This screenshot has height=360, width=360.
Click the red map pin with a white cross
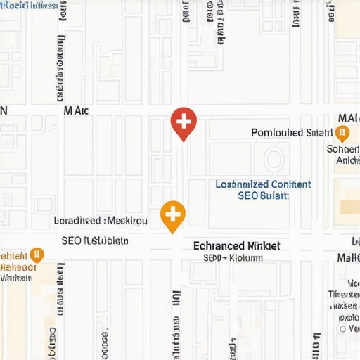(184, 122)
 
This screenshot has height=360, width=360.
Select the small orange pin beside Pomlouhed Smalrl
(342, 133)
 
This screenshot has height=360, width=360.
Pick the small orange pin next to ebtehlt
(38, 255)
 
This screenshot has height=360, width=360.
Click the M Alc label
(77, 110)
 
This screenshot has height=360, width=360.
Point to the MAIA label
(349, 117)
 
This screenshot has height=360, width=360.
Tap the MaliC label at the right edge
(349, 258)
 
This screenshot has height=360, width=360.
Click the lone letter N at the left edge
(4, 110)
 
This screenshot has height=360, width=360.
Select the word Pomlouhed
(277, 133)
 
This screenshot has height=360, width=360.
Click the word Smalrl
(320, 133)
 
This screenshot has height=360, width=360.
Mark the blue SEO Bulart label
(264, 195)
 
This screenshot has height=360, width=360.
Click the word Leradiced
(77, 221)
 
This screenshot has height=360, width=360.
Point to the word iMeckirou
(126, 221)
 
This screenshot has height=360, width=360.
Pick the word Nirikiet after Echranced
(264, 246)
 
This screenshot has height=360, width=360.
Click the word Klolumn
(246, 258)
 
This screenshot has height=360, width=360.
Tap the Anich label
(348, 160)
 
